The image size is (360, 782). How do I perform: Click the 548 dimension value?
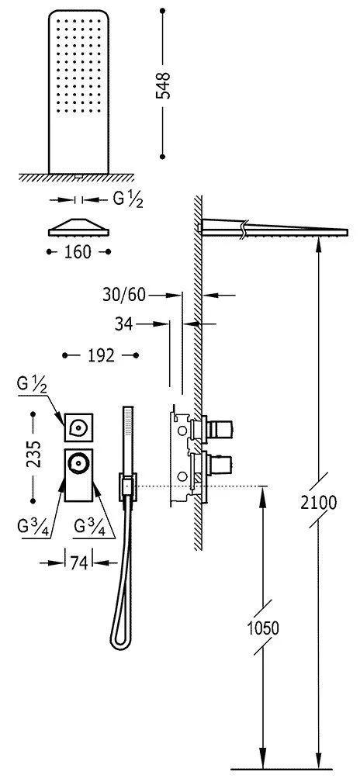point(164,85)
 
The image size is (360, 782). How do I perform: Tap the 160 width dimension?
point(78,252)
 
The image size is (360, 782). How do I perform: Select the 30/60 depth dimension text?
point(124,296)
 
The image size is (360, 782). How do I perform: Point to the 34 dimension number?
point(123,324)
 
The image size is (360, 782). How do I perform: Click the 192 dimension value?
point(101,355)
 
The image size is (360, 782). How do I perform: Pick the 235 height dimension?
point(33,454)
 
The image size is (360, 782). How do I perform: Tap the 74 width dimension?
point(79,562)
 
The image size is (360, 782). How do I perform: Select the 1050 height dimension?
point(261,628)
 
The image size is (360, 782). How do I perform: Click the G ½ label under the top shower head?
point(128,199)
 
